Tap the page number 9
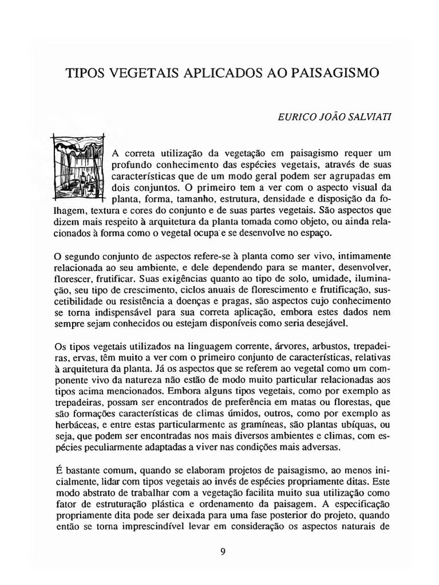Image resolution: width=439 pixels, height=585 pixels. [223, 551]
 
